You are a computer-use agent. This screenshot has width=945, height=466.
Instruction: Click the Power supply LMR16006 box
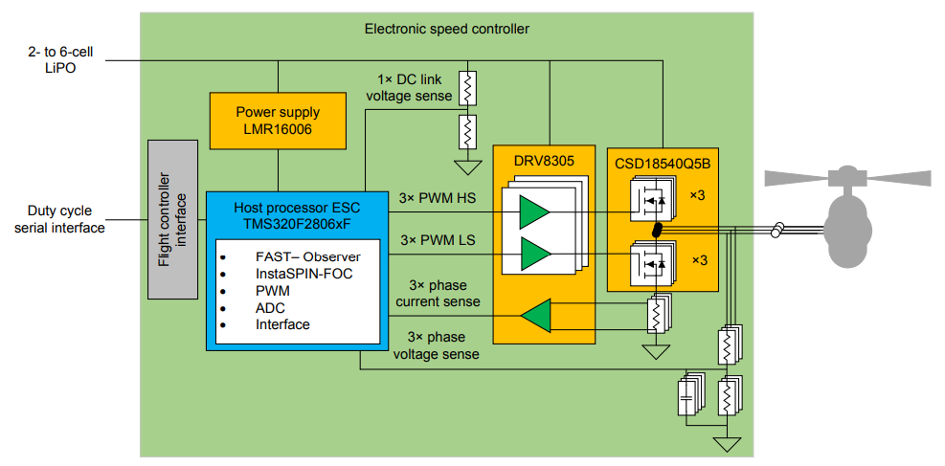tap(278, 120)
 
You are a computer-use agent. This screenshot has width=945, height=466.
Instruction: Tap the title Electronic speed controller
tap(446, 29)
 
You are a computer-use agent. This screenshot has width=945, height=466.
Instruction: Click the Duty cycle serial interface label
tap(53, 220)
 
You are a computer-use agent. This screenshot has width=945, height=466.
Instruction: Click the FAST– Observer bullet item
tap(307, 256)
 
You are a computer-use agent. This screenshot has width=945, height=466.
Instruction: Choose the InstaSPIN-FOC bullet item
tap(300, 274)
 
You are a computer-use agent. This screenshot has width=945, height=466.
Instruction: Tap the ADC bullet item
tap(270, 307)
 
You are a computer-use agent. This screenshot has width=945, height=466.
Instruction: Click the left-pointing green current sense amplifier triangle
tap(537, 315)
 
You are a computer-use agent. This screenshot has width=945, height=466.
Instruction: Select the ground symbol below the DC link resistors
tap(468, 167)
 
